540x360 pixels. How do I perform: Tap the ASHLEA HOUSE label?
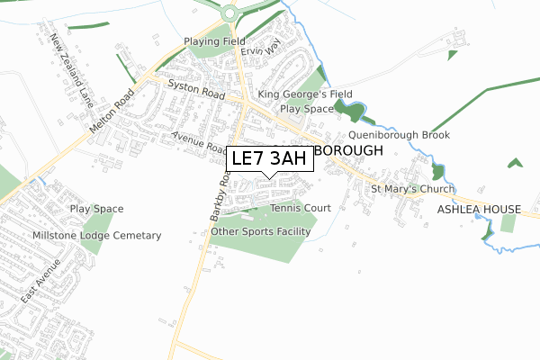(479, 210)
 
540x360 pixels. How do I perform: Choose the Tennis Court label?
(300, 208)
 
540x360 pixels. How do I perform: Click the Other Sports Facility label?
(260, 231)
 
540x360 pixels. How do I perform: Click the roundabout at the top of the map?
(229, 13)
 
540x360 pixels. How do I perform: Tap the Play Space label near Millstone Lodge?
(96, 209)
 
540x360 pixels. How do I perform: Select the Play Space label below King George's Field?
(306, 109)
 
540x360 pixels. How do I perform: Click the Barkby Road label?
(217, 193)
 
